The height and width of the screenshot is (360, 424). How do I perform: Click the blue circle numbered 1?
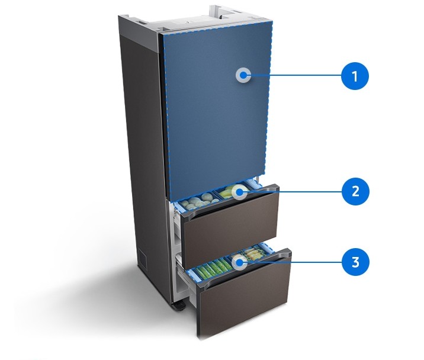[x=355, y=76]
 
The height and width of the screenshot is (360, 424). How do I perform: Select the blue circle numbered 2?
[x=355, y=192]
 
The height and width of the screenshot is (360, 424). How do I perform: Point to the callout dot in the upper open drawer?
[x=240, y=192]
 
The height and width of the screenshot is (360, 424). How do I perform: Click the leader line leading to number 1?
[x=296, y=76]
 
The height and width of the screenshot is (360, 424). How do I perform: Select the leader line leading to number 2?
[x=296, y=192]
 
